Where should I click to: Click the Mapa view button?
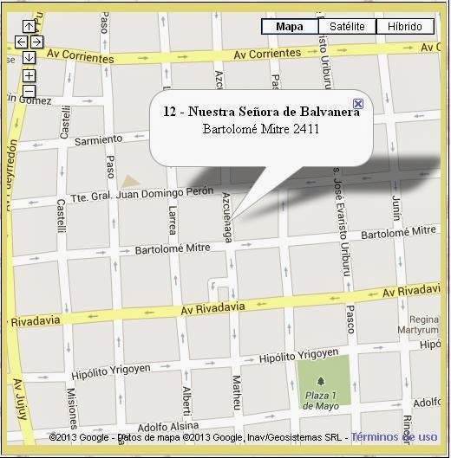289,27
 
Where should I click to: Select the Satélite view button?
347,27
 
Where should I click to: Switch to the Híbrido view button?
404,27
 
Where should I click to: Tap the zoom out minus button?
29,90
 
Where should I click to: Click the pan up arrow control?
29,27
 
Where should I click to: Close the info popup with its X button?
358,104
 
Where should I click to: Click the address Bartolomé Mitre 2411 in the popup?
260,130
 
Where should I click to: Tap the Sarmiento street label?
99,139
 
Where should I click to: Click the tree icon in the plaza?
322,382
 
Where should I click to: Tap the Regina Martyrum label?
424,324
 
